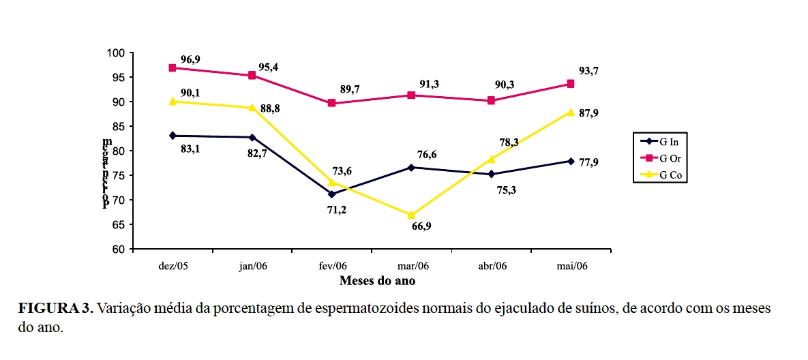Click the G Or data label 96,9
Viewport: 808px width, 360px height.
click(x=190, y=59)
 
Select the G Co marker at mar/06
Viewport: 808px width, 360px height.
click(x=411, y=215)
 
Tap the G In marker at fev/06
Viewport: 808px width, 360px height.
click(x=331, y=194)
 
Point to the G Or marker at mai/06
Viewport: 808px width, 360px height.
click(x=570, y=84)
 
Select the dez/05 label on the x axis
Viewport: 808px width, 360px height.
click(x=173, y=265)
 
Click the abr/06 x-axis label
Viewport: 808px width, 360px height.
click(x=491, y=265)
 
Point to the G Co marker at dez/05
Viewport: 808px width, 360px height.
click(x=173, y=101)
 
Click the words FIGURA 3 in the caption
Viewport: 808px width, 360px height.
click(x=55, y=308)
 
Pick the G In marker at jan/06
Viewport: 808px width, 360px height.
click(x=252, y=138)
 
